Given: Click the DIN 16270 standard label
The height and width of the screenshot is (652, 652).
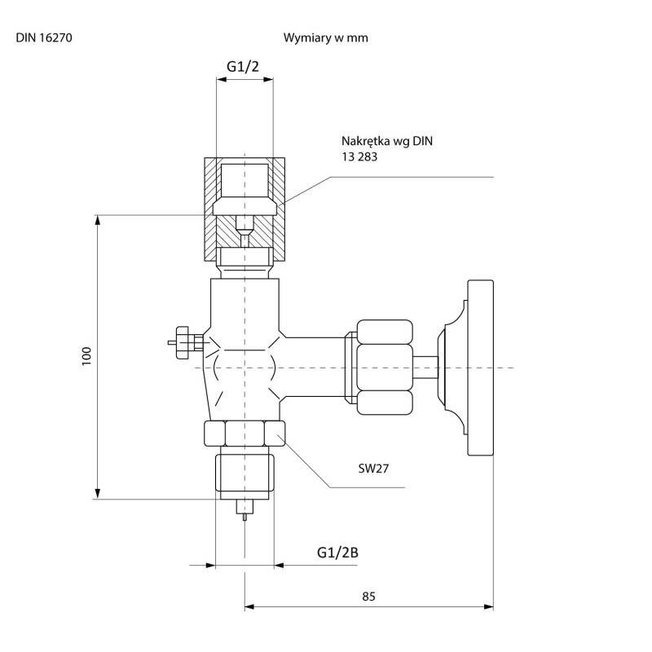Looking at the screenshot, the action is [44, 37].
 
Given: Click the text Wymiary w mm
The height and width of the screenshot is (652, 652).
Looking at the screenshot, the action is [325, 37].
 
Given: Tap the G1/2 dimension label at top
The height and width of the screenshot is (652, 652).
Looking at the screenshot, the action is [243, 67].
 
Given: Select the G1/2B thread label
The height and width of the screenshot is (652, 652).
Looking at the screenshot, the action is [337, 553].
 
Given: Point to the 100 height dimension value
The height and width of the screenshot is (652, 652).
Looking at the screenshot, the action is [86, 355].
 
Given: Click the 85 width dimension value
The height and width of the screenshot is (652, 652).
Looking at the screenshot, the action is [368, 597].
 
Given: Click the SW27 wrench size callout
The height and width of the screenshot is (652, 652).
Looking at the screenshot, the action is [373, 469].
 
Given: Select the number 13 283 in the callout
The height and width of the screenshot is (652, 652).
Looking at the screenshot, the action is [359, 156].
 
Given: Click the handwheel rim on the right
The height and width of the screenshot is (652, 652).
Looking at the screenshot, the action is [481, 368].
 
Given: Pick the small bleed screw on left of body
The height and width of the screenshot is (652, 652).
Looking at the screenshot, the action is [186, 342].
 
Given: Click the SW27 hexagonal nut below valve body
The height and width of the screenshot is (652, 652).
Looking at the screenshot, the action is [244, 434].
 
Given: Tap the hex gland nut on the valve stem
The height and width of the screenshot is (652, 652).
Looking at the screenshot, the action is [385, 368].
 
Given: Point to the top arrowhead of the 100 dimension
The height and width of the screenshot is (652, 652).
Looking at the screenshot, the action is [98, 220].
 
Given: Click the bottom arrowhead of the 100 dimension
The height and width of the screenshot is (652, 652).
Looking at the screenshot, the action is [98, 494].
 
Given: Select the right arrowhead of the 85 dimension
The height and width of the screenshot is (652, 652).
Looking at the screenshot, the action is [488, 607].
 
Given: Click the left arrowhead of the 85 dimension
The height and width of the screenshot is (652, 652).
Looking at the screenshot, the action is [249, 607].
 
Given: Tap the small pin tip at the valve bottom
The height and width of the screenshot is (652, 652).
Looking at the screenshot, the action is [245, 518].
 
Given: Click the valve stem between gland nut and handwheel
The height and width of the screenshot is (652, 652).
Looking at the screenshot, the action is [425, 368].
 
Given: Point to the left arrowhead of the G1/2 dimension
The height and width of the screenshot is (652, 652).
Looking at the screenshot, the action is [221, 79].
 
